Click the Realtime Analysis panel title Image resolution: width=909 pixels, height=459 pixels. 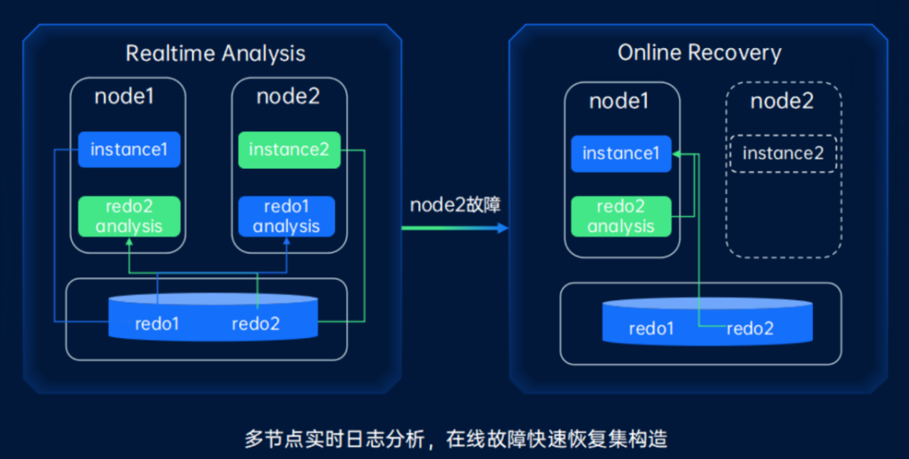pos(215,54)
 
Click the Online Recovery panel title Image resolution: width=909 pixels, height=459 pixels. pos(699,53)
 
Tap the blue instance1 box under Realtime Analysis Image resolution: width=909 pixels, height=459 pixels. pos(130,150)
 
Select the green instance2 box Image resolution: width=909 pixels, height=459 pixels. pos(289,150)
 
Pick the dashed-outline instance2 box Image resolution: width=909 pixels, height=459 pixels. pos(783,153)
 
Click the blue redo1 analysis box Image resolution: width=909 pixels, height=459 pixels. pos(286,217)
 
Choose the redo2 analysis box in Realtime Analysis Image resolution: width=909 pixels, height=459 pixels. pos(130,217)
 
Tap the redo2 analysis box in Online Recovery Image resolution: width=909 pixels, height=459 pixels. pos(621,217)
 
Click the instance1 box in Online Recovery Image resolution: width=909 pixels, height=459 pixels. pos(621,153)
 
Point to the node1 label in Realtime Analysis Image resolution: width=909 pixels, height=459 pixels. pos(125,96)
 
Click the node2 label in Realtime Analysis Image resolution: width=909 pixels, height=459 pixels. pos(288,96)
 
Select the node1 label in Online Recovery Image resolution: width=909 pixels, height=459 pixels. pos(619,101)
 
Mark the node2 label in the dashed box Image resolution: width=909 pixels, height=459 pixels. pos(782,101)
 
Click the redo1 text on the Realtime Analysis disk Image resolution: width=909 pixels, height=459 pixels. pos(157,324)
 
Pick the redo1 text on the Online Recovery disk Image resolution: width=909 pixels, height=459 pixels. pos(651,329)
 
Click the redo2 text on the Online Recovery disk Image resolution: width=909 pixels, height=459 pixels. pos(750,329)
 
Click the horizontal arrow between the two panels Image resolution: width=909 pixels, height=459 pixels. pos(454,228)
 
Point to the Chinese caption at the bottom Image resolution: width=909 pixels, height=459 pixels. pos(454,438)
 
